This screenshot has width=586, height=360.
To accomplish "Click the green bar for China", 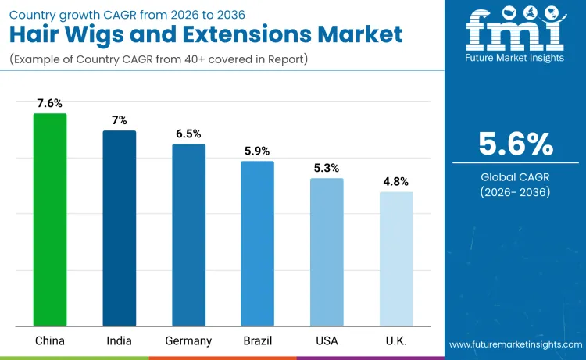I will pos(50,219).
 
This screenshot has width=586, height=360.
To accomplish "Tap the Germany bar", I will pos(189,234).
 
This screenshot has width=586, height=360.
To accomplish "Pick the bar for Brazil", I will pos(257,243).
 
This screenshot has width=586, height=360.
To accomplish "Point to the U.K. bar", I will pos(396,258).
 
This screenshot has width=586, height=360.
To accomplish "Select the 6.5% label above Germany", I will pos(189,134).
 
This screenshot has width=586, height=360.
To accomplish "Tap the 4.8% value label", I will pos(396,181).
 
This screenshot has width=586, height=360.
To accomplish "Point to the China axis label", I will pos(49,340).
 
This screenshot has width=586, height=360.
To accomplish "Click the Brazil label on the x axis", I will pos(257,340).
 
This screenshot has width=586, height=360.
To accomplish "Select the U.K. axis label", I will pos(396,340).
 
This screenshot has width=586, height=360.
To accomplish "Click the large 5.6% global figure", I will pos(516,144).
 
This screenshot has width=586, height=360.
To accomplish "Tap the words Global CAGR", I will pos(515,177).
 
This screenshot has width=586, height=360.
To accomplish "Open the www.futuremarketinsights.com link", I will pos(516,344).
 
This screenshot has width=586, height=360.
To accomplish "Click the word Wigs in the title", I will pos(110,34).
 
